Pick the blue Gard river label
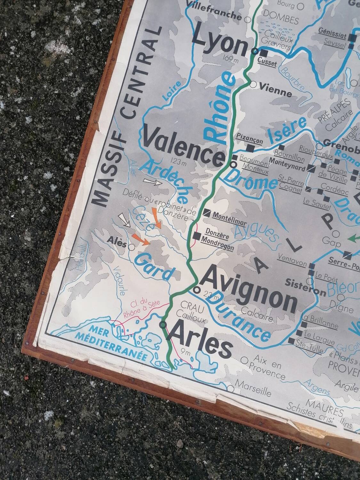pos(154,267)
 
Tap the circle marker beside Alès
pos(131,247)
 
